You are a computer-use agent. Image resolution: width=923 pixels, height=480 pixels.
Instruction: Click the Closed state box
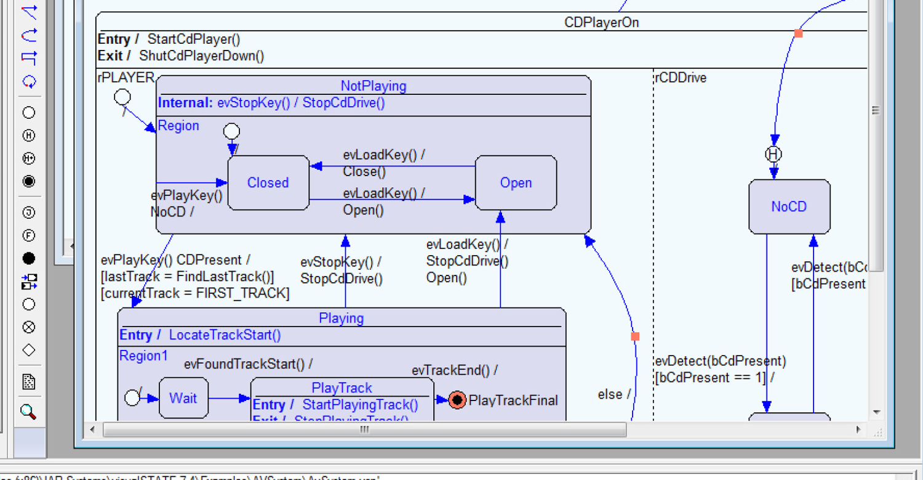pos(268,183)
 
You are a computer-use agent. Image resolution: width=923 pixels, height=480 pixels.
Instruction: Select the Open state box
pos(516,183)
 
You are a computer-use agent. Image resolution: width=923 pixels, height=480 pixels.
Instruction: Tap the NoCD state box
pos(789,207)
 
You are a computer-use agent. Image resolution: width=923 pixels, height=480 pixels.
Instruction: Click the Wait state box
pos(183,398)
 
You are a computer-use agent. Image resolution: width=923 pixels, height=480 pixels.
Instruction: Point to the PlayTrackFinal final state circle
pos(457,400)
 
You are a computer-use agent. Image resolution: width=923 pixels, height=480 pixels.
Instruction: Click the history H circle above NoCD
pos(773,154)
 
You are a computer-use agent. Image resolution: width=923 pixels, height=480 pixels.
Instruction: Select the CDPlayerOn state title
pos(601,23)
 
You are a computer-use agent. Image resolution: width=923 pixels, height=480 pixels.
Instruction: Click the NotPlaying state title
pos(374,86)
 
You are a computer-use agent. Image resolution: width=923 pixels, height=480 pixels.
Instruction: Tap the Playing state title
pos(341,318)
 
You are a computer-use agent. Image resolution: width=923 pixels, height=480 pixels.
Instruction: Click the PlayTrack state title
pos(342,388)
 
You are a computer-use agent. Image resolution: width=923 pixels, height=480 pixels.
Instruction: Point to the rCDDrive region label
pos(681,78)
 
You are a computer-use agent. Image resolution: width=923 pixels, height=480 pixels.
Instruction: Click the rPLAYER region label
pos(126,78)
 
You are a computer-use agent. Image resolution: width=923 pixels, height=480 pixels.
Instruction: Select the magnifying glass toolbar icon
pos(28,412)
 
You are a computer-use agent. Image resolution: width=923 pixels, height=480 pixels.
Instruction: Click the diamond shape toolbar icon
pos(28,350)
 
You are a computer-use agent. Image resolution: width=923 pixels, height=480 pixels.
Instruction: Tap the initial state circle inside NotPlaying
pos(231,131)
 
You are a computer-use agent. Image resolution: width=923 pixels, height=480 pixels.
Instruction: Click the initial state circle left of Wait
pos(132,398)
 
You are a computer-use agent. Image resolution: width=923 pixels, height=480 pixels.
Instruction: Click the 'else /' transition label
pos(614,394)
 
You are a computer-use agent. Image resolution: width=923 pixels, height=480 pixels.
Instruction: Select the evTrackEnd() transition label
pos(454,370)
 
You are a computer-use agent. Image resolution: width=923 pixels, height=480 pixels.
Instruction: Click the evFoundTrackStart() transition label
pos(248,364)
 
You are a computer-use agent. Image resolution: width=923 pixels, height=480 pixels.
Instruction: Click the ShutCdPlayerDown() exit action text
pos(202,56)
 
